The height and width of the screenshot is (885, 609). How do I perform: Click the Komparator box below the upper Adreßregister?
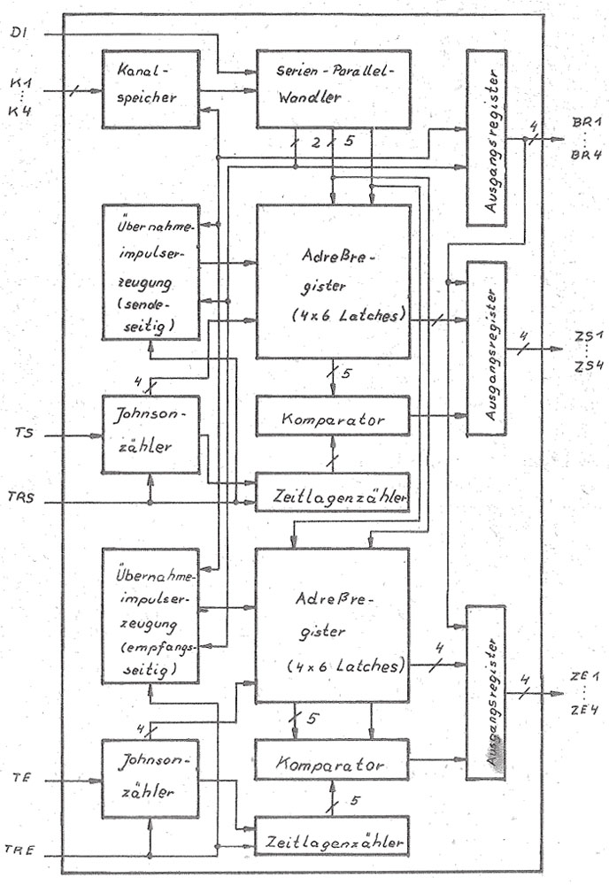click(333, 416)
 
